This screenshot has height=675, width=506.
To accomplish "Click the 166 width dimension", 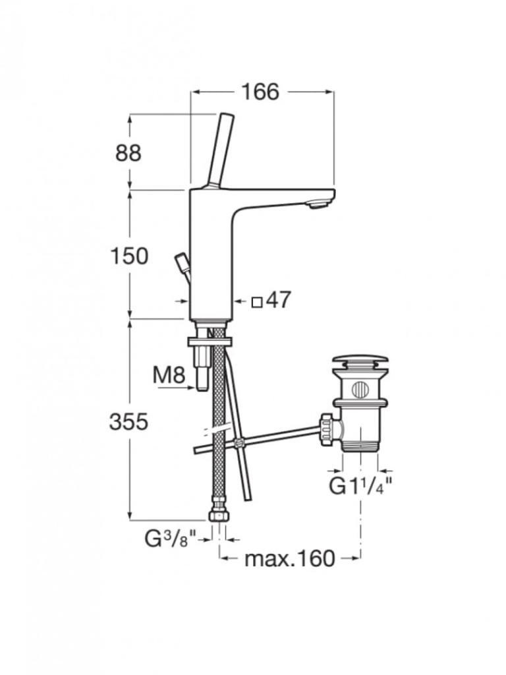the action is [260, 92].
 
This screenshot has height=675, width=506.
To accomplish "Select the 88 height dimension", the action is [128, 153].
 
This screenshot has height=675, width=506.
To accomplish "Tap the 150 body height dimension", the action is [129, 256].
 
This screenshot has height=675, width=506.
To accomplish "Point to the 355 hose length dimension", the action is [128, 422].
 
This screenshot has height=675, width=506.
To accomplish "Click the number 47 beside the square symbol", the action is [279, 300].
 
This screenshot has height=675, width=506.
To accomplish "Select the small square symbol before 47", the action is [257, 302].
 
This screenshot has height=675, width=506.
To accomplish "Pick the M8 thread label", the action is [169, 375].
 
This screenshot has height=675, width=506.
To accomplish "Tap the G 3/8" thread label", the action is [171, 539].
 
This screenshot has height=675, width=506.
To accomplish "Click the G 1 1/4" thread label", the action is [360, 487].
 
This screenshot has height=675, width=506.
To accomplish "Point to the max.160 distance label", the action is [290, 559].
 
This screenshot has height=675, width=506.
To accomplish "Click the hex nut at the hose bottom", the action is [219, 516].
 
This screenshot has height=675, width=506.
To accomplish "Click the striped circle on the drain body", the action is [360, 390].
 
